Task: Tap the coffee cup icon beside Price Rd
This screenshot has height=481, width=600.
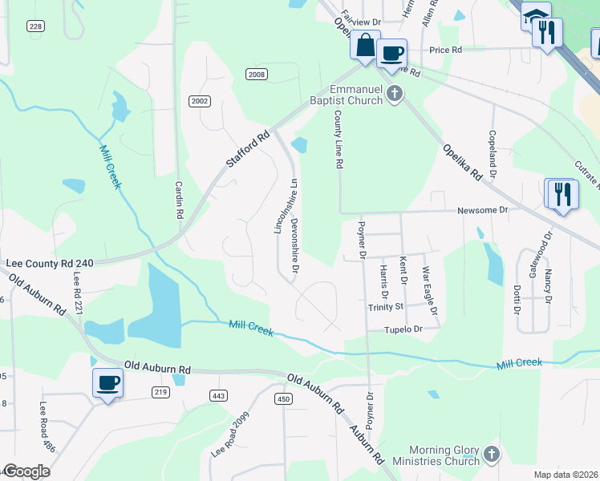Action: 391,54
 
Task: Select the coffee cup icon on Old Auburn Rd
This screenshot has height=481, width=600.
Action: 107,382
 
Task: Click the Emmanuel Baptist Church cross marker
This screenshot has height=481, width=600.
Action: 394,95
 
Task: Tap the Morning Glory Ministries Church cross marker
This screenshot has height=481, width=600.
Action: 491,455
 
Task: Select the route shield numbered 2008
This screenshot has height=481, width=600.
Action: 257,75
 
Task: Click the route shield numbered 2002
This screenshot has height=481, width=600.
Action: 200,100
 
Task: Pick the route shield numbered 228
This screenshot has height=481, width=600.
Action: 34,26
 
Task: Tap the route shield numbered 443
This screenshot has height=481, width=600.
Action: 217,395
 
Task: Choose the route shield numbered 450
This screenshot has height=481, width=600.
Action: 282,398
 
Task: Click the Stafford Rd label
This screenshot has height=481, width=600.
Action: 246,150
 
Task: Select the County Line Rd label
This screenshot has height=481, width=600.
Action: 339,139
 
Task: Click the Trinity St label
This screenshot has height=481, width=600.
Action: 386,307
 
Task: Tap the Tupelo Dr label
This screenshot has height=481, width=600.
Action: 403,329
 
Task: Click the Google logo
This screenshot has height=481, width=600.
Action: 26,471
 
